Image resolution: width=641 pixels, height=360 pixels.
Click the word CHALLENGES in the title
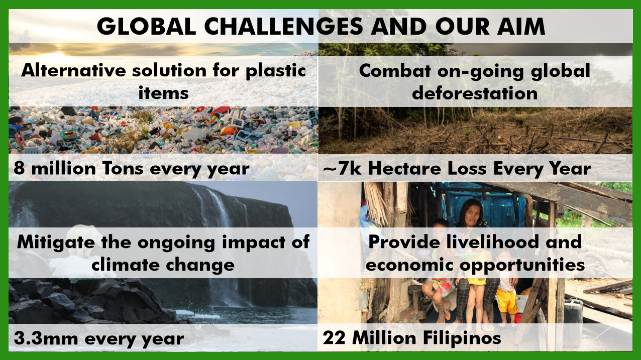[284, 26]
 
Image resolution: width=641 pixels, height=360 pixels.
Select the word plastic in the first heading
[276, 71]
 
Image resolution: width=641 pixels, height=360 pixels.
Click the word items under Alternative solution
[163, 93]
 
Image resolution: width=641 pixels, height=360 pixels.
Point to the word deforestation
[475, 93]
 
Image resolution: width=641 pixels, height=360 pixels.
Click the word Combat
[395, 71]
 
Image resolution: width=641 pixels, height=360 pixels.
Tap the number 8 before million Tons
[19, 168]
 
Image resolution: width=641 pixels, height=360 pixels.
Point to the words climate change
[163, 265]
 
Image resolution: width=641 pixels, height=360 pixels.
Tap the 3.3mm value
[46, 338]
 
